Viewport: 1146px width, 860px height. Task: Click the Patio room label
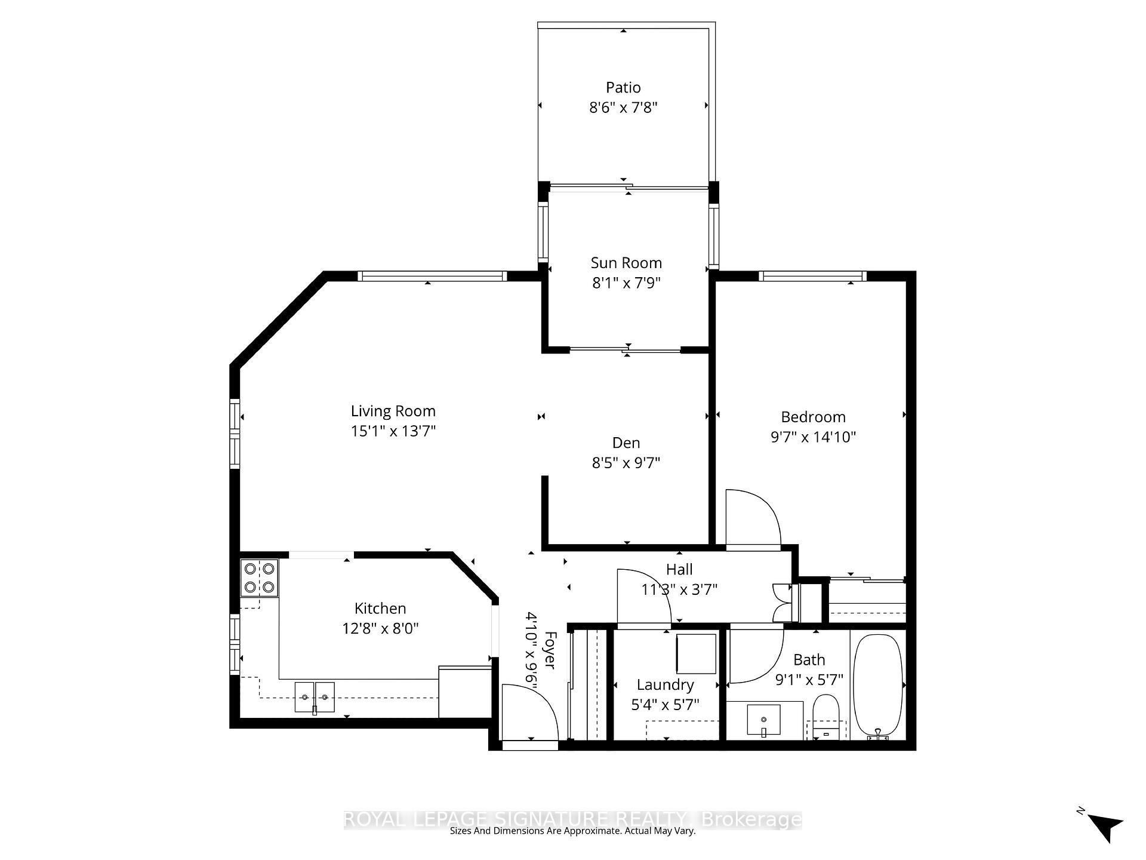click(x=623, y=88)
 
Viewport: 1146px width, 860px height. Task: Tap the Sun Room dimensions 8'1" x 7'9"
click(x=626, y=283)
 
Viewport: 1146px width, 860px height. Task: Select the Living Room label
click(x=393, y=411)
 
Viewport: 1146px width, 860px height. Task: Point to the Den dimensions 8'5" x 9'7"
click(x=626, y=463)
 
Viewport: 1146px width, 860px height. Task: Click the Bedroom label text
click(x=813, y=417)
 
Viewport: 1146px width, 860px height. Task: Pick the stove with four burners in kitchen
click(x=260, y=578)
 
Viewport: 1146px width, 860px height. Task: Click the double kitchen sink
click(x=315, y=697)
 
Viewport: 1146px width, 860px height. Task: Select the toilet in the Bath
click(x=826, y=717)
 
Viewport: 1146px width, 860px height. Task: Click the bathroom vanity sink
click(x=763, y=720)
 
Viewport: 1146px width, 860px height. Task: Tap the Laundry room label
click(x=665, y=685)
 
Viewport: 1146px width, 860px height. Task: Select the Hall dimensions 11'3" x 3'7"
click(x=679, y=589)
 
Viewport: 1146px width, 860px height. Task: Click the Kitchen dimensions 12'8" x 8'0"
click(x=380, y=628)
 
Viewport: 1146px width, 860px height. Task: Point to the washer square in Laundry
click(x=696, y=653)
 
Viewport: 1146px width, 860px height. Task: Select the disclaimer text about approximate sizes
click(x=572, y=831)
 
